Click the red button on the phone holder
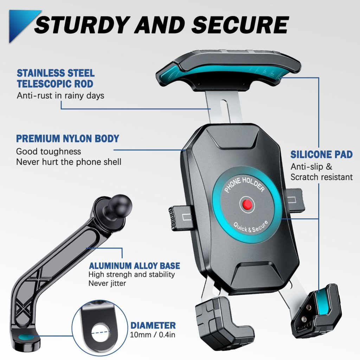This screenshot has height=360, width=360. click(246, 204)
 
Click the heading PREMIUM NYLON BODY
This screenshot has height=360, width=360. click(68, 139)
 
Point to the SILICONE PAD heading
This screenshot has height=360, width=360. click(321, 155)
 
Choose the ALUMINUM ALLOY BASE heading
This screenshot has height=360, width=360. click(134, 266)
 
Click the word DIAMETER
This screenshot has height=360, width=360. click(153, 326)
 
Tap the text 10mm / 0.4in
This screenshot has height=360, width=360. click(153, 334)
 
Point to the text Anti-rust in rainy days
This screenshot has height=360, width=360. click(60, 95)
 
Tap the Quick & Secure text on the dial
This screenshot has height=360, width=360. click(251, 226)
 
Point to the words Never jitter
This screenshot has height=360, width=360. click(107, 283)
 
